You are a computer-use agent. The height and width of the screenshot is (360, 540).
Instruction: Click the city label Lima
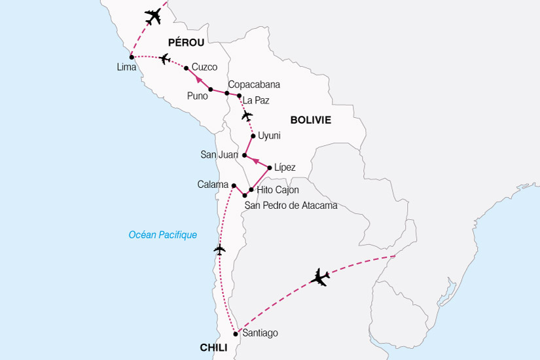(126, 67)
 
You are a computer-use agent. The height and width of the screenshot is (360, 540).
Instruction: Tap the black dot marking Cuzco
(187, 68)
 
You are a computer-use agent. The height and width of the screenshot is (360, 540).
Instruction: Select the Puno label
(197, 96)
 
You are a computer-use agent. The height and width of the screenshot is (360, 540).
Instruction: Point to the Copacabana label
(254, 84)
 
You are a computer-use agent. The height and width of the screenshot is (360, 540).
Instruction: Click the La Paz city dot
(240, 96)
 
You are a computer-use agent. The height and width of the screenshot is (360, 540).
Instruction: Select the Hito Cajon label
(278, 190)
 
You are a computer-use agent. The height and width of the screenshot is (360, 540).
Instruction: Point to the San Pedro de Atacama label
(291, 206)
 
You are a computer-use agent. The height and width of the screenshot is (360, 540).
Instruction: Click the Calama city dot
(234, 185)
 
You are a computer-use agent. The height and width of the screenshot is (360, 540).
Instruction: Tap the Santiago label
(260, 333)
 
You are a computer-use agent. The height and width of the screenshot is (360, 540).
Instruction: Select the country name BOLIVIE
(310, 120)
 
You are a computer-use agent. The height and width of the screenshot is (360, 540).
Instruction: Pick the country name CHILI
(213, 348)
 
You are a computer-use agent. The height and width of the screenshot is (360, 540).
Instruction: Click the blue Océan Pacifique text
(163, 235)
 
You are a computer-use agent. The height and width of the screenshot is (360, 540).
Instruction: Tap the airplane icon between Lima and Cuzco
(164, 60)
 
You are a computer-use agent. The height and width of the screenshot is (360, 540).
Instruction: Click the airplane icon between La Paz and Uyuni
(246, 116)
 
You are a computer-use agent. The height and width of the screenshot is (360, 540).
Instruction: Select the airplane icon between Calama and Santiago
(219, 249)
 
